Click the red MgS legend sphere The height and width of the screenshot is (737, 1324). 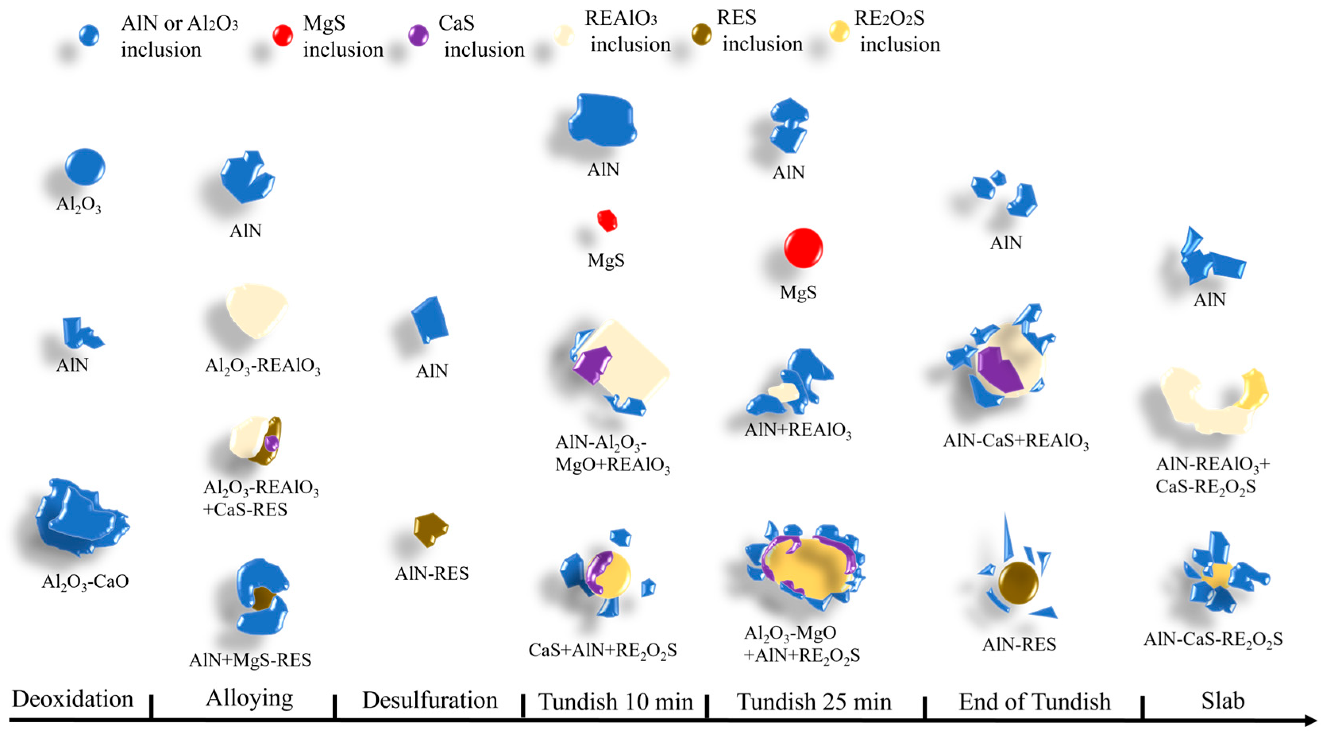282,35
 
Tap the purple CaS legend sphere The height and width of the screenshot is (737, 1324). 418,35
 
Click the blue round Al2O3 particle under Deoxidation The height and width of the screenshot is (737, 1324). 85,167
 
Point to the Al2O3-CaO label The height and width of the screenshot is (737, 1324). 85,581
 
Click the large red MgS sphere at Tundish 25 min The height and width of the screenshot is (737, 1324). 803,248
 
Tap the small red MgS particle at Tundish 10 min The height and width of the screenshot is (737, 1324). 607,221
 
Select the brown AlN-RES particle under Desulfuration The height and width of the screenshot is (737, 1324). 430,528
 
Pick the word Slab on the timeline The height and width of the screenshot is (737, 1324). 1223,701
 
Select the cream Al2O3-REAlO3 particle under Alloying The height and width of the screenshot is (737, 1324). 256,310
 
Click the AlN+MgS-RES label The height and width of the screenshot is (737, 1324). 250,660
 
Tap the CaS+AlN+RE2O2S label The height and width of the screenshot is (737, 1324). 602,650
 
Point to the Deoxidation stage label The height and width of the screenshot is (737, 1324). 73,699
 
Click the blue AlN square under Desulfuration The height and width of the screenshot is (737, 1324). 430,319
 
